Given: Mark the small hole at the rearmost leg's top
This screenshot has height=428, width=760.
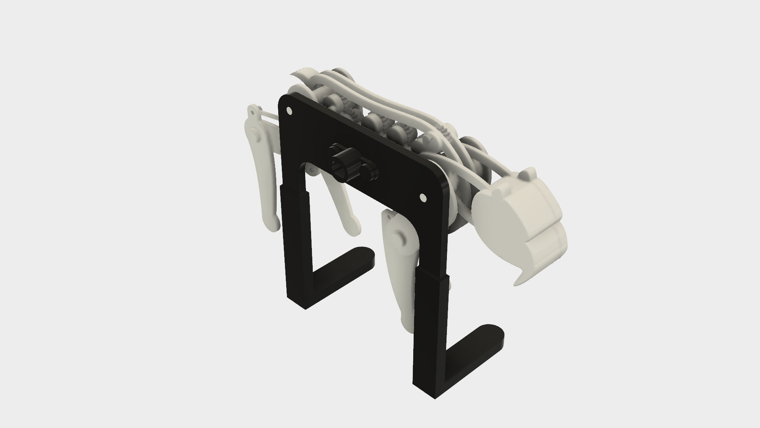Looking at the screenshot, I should [252, 112].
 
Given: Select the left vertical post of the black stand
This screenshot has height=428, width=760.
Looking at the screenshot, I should [296, 246].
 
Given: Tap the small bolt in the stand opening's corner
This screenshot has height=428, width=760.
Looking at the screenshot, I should [313, 171].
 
